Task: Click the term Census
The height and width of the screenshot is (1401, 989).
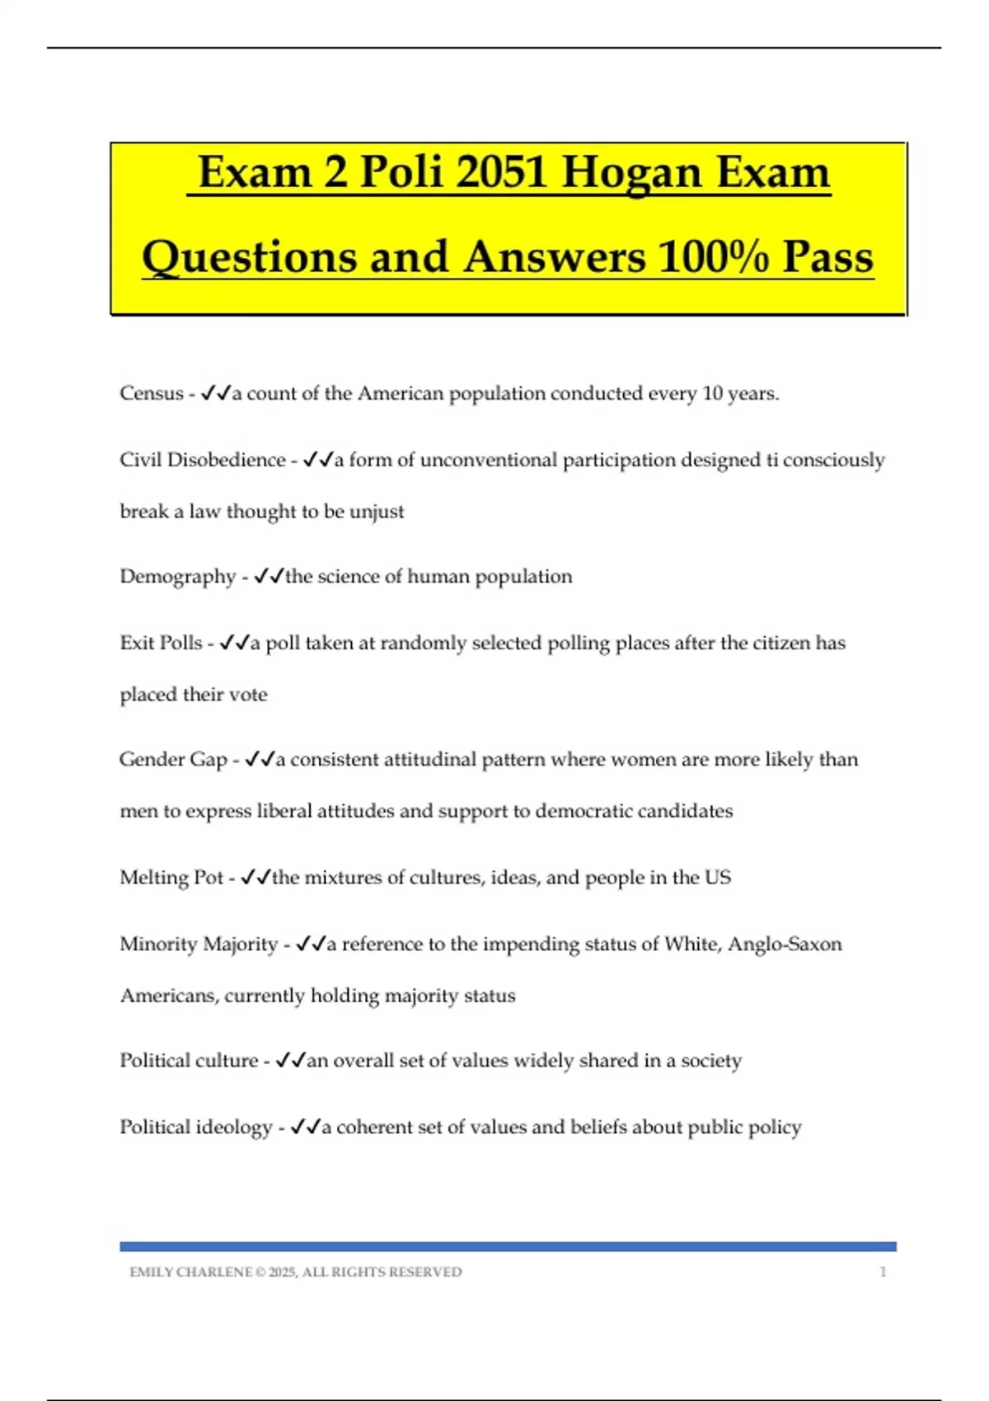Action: [152, 394]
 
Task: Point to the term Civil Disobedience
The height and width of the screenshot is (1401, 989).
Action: [202, 460]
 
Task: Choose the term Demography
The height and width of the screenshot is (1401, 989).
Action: [177, 577]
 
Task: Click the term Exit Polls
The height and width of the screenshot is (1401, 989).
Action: [161, 643]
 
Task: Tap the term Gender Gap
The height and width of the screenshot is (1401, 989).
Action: [173, 759]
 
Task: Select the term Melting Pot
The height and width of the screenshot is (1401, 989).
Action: [171, 878]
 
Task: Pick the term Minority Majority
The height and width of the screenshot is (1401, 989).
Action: [199, 944]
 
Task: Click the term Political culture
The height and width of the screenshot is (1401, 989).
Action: [189, 1061]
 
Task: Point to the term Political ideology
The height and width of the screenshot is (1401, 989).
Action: [195, 1127]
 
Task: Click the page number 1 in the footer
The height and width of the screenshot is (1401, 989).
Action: [883, 1272]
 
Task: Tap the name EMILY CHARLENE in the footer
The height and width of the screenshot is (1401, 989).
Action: [190, 1272]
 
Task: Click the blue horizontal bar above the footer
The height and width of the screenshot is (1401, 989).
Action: [508, 1247]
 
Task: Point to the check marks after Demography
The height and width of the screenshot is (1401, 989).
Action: [270, 577]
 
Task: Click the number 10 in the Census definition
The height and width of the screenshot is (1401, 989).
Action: [711, 394]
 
